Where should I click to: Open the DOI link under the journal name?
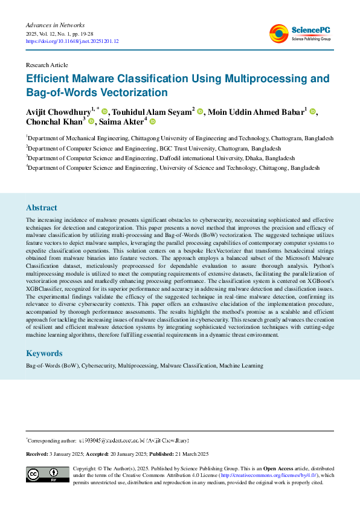(72, 41)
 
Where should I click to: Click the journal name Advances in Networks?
(54, 25)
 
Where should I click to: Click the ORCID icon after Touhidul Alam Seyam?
(199, 112)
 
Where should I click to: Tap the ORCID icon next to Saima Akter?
(152, 122)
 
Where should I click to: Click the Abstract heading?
(42, 207)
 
